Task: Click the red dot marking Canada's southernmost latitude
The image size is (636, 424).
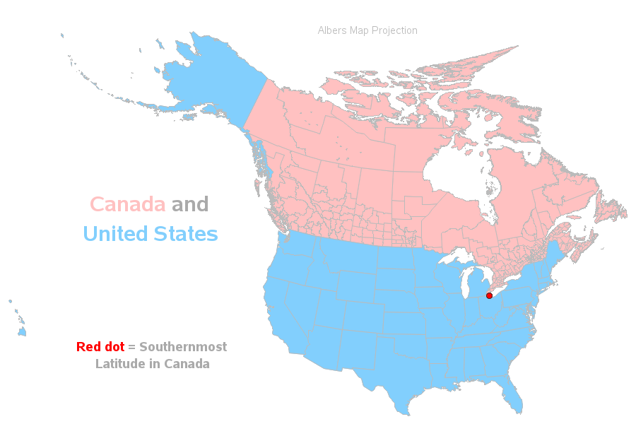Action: click(x=489, y=295)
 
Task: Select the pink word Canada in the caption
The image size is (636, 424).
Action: click(x=128, y=204)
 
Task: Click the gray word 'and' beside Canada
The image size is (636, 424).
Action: click(x=190, y=204)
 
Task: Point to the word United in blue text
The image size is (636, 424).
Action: click(x=117, y=233)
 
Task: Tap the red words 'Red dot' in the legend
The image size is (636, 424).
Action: click(x=100, y=347)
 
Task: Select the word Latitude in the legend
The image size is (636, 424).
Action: click(x=119, y=364)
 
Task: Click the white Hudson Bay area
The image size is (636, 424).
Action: click(x=452, y=170)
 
